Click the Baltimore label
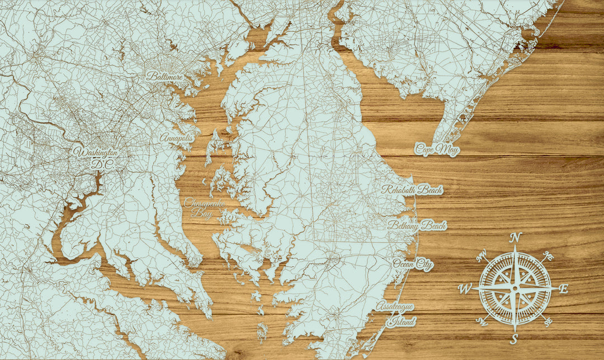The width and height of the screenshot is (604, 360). (x=164, y=76)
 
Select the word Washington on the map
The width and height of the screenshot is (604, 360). (x=96, y=152)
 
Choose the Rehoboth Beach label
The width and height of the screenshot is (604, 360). (x=412, y=190)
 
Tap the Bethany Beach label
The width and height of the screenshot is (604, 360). (x=417, y=226)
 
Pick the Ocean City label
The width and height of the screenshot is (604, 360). (x=413, y=264)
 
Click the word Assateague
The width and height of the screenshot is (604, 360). (x=397, y=307)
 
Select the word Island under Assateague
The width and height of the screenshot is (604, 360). (x=402, y=321)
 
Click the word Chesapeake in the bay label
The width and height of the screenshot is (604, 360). (x=205, y=203)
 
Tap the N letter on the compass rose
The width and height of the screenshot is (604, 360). (x=516, y=238)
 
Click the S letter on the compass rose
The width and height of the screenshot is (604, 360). (x=514, y=339)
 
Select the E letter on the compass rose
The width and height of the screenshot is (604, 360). (x=563, y=288)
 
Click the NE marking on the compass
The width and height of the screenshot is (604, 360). (x=549, y=256)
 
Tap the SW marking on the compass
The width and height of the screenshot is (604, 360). (x=481, y=321)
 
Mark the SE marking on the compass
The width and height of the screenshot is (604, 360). (x=548, y=321)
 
